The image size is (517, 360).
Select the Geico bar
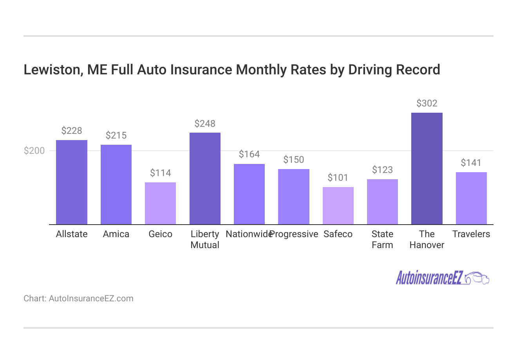click(160, 203)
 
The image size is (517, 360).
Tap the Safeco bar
click(338, 205)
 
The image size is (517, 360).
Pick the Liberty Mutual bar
click(205, 178)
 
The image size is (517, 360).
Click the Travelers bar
click(471, 198)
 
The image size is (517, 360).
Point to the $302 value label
click(427, 103)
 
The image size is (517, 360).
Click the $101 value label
click(338, 178)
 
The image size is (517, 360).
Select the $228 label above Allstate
click(72, 131)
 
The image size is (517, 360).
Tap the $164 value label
click(249, 154)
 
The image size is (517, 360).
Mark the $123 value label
click(382, 170)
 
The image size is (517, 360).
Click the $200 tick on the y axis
click(34, 151)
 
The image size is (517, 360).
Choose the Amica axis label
click(116, 234)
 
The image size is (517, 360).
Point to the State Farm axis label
click(382, 239)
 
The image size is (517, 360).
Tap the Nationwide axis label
click(248, 234)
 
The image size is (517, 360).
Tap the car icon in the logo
click(477, 278)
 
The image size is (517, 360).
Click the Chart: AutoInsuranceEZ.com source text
click(78, 299)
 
